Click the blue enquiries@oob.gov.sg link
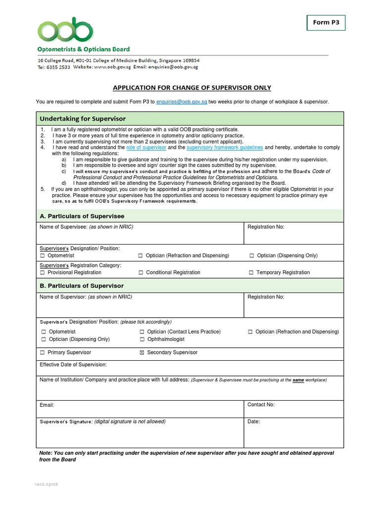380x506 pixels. pyautogui.click(x=181, y=101)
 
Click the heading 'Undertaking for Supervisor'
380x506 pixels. pyautogui.click(x=83, y=119)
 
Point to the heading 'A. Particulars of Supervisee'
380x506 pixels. pyautogui.click(x=82, y=216)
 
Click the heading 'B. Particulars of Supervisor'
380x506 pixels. pyautogui.click(x=82, y=286)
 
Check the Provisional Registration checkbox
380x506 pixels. pyautogui.click(x=43, y=273)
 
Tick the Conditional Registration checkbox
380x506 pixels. pyautogui.click(x=141, y=273)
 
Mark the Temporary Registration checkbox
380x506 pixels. pyautogui.click(x=251, y=273)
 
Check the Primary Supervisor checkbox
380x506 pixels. pyautogui.click(x=43, y=353)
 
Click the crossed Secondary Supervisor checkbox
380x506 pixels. pyautogui.click(x=142, y=353)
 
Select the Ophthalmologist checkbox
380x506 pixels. pyautogui.click(x=142, y=339)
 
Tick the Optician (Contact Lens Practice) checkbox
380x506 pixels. pyautogui.click(x=142, y=332)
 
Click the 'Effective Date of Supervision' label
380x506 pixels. pyautogui.click(x=73, y=365)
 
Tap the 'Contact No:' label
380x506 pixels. pyautogui.click(x=261, y=405)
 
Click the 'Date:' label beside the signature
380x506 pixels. pyautogui.click(x=253, y=422)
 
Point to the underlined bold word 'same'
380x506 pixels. pyautogui.click(x=298, y=380)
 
